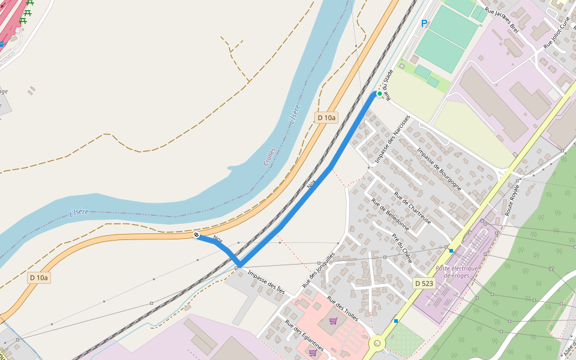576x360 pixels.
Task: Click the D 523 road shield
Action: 424,283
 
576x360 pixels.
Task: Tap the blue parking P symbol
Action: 424,23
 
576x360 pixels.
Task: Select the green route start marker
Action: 379,94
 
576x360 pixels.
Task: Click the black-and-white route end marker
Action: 196,235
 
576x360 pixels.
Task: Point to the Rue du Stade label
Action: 389,85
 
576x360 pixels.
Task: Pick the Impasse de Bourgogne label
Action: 439,169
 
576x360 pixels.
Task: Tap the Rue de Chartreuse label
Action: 413,206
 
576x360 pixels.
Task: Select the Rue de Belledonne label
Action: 390,215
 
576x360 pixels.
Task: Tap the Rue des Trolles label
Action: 343,308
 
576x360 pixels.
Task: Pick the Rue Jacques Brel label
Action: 501,20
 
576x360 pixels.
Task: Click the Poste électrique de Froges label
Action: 457,272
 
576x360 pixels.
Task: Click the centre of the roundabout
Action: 377,344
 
